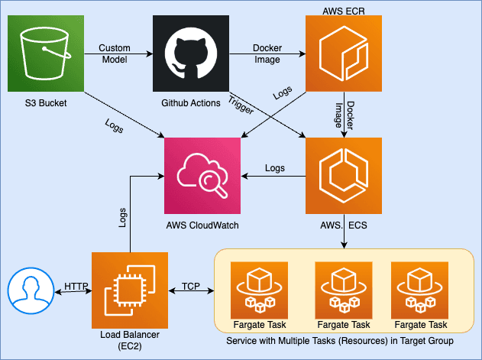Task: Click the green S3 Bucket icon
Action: [x=45, y=54]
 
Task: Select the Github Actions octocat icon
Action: [x=190, y=54]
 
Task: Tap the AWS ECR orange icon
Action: [x=343, y=54]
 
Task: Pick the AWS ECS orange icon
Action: [x=343, y=175]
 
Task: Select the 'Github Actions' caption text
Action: [x=190, y=102]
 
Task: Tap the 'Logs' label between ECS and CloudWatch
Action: [x=274, y=167]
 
